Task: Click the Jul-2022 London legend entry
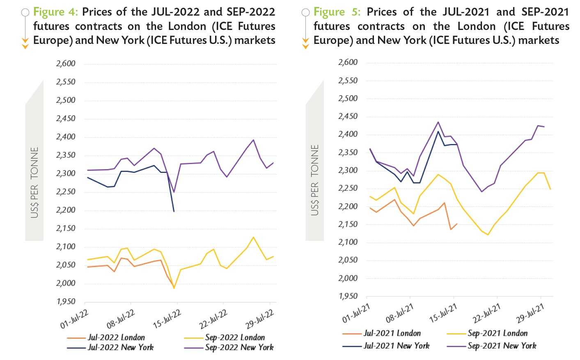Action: pyautogui.click(x=116, y=337)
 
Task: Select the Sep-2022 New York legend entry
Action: pyautogui.click(x=239, y=347)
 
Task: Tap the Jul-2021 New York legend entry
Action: pyautogui.click(x=397, y=346)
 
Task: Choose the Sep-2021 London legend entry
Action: pyautogui.click(x=497, y=333)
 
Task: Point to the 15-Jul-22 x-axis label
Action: pyautogui.click(x=167, y=319)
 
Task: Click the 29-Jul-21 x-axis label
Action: pyautogui.click(x=530, y=314)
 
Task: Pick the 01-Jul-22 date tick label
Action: pyautogui.click(x=74, y=319)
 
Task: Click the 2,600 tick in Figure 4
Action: pyautogui.click(x=66, y=64)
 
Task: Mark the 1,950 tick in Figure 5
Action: pyautogui.click(x=348, y=296)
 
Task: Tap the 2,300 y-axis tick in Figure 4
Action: pyautogui.click(x=66, y=173)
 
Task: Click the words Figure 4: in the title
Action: pyautogui.click(x=55, y=12)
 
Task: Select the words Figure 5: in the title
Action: pyautogui.click(x=337, y=12)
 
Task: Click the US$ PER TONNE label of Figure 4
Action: pyautogui.click(x=34, y=182)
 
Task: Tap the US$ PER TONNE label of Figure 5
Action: pyautogui.click(x=315, y=180)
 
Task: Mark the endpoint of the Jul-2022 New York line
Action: pyautogui.click(x=174, y=211)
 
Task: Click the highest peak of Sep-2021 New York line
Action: pyautogui.click(x=438, y=122)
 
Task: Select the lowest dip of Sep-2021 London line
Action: pyautogui.click(x=488, y=235)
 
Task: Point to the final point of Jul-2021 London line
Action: pyautogui.click(x=457, y=224)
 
